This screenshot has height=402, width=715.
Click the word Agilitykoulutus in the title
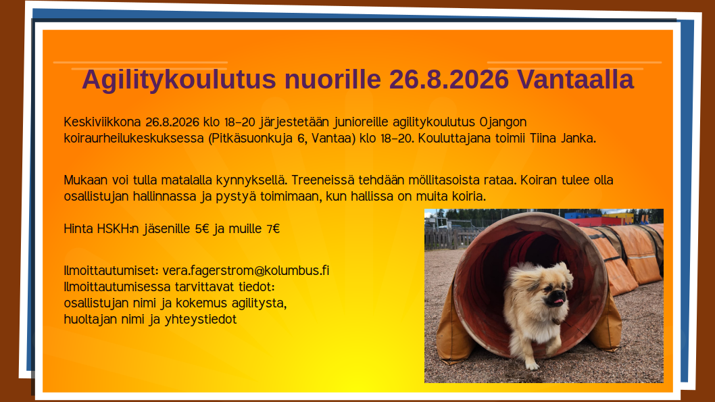178,80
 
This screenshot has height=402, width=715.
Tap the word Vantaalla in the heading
575,79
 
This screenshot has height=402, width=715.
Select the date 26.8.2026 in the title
449,79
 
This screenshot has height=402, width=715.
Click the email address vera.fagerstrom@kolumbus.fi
246,271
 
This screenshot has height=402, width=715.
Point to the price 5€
202,228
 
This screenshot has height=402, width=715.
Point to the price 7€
273,228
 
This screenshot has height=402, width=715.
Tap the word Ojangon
503,122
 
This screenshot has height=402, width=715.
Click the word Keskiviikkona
102,122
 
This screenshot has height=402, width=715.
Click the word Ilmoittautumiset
112,271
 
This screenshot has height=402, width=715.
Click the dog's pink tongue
558,301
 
